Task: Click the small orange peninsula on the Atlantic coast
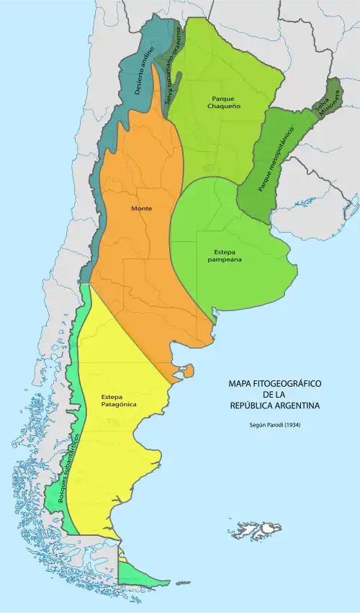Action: [x=188, y=372]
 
